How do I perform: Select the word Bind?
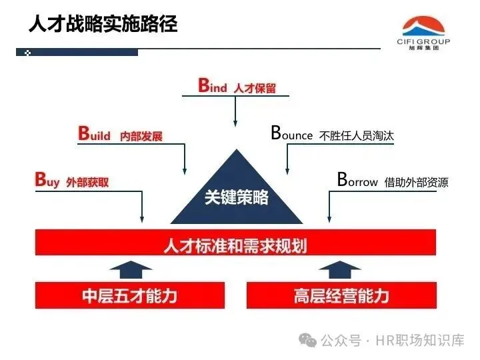pyautogui.click(x=213, y=87)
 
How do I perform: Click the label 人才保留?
pyautogui.click(x=255, y=88)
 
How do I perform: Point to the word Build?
pyautogui.click(x=94, y=135)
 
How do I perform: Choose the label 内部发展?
pyautogui.click(x=141, y=137)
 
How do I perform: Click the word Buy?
pyautogui.click(x=47, y=180)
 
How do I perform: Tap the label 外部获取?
pyautogui.click(x=87, y=182)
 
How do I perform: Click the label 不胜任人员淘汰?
pyautogui.click(x=357, y=136)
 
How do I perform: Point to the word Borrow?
pyautogui.click(x=357, y=180)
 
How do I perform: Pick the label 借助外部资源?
pyautogui.click(x=416, y=182)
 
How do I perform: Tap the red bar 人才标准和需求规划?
pyautogui.click(x=235, y=243)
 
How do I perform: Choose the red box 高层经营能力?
pyautogui.click(x=341, y=295)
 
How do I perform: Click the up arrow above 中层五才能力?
pyautogui.click(x=130, y=268)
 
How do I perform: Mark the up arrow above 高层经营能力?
pyautogui.click(x=340, y=268)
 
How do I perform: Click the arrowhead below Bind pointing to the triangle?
pyautogui.click(x=235, y=122)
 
